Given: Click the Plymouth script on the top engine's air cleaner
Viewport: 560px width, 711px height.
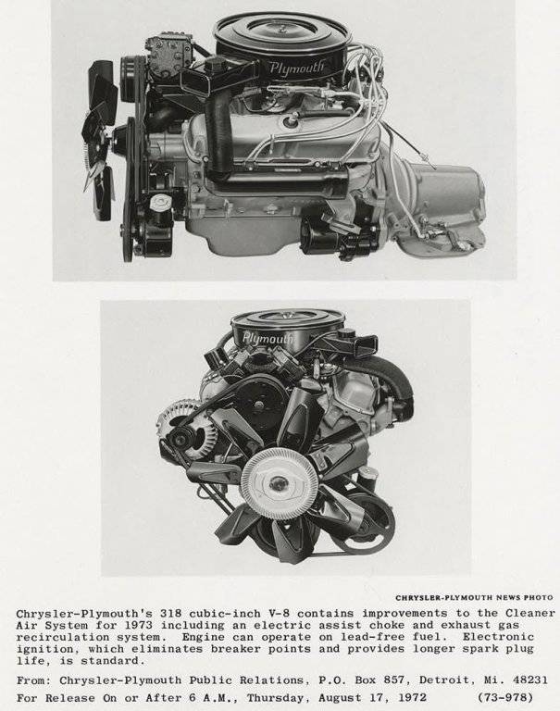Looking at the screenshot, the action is pyautogui.click(x=297, y=68).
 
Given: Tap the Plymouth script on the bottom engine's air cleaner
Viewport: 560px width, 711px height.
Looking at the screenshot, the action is pyautogui.click(x=268, y=338).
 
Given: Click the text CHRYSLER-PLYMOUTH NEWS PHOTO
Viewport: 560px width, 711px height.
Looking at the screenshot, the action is pyautogui.click(x=474, y=598).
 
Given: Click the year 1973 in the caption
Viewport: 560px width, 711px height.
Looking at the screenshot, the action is pyautogui.click(x=139, y=625).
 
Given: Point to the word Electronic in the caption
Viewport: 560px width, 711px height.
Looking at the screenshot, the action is pyautogui.click(x=498, y=637).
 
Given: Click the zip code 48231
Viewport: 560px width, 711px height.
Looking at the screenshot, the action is pyautogui.click(x=530, y=680).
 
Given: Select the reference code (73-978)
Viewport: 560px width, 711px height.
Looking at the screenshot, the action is pyautogui.click(x=505, y=697).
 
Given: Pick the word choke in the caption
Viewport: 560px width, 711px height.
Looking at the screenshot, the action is pyautogui.click(x=386, y=625).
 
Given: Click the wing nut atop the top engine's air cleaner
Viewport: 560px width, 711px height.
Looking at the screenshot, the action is pyautogui.click(x=282, y=29).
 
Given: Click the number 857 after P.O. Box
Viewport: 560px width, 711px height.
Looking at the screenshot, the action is pyautogui.click(x=394, y=680).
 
